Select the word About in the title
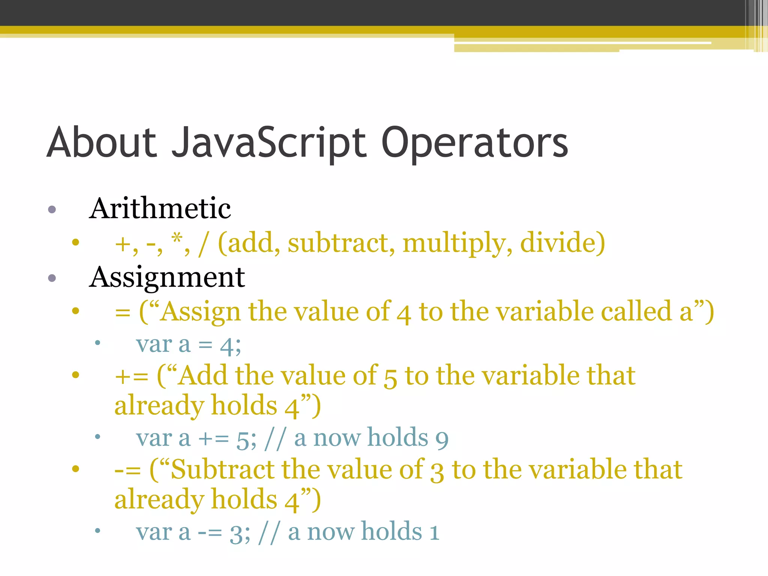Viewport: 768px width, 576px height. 101,142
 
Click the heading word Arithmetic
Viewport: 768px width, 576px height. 160,208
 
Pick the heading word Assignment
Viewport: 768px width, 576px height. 167,277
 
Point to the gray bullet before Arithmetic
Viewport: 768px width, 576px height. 52,209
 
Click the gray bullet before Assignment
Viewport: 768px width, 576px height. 52,278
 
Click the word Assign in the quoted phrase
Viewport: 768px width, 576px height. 200,312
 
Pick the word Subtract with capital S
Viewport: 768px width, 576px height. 223,469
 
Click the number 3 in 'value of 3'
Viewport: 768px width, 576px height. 436,472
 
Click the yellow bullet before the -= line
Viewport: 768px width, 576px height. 76,468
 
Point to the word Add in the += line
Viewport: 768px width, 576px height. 202,376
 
